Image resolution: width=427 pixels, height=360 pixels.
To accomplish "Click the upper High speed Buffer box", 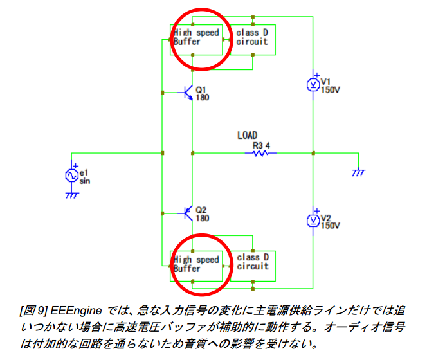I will pyautogui.click(x=196, y=37).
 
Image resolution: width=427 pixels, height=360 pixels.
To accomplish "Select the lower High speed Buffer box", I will pyautogui.click(x=196, y=264).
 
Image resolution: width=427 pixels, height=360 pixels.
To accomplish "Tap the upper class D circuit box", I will pyautogui.click(x=252, y=37).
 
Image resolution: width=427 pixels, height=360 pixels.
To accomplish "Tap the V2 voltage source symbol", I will pyautogui.click(x=313, y=220).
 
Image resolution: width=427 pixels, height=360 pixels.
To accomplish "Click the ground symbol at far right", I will pyautogui.click(x=358, y=172).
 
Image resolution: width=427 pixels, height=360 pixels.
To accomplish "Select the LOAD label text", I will pyautogui.click(x=247, y=135).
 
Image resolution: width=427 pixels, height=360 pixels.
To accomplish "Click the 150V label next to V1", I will pyautogui.click(x=330, y=89).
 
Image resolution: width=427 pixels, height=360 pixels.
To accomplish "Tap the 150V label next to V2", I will pyautogui.click(x=330, y=226).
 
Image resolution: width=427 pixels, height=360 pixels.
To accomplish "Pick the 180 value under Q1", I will pyautogui.click(x=202, y=98).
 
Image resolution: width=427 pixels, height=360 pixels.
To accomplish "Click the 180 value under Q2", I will pyautogui.click(x=202, y=218).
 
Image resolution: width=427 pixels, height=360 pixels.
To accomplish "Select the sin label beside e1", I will pyautogui.click(x=84, y=181).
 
